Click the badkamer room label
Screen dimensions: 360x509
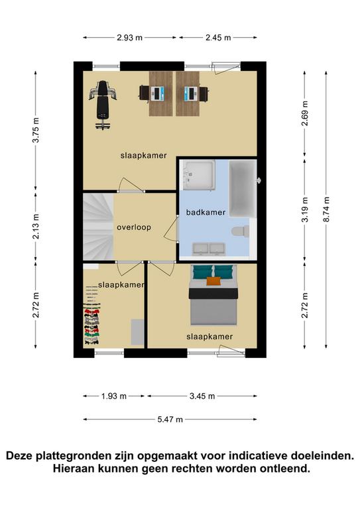[x=206, y=212]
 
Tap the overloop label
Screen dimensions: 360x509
[x=134, y=227]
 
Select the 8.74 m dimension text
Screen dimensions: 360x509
[x=326, y=209]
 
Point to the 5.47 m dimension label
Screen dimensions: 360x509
[x=170, y=420]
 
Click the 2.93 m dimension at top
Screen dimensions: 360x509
[x=129, y=38]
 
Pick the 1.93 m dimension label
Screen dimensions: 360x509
[x=113, y=396]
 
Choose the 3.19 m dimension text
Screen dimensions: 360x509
[x=304, y=209]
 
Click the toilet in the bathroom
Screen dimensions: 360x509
[x=240, y=231]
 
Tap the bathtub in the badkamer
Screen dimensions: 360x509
[x=243, y=188]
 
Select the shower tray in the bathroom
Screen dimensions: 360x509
[x=199, y=175]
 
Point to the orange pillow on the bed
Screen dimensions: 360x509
[x=213, y=281]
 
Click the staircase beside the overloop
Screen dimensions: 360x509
[x=98, y=227]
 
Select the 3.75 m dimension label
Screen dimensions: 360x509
[x=36, y=130]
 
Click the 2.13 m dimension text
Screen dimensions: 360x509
[x=36, y=226]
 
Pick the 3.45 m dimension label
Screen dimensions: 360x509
[x=202, y=396]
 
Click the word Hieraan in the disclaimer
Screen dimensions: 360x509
[x=73, y=469]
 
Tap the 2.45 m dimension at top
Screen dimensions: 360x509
[x=218, y=38]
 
